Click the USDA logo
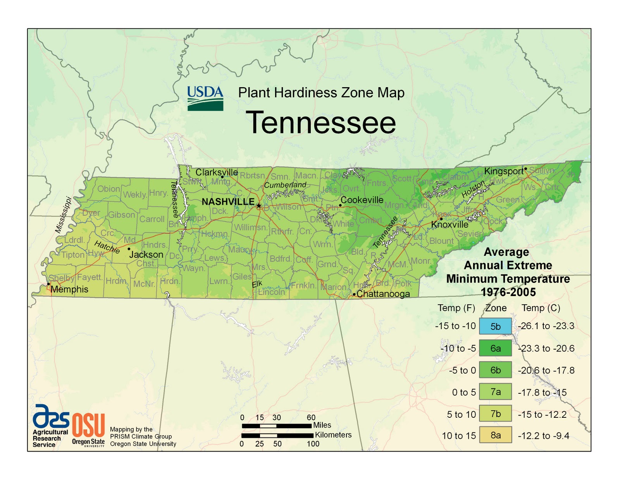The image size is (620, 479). point(205,98)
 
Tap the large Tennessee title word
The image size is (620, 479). point(321,122)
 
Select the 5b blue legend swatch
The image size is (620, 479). point(495,326)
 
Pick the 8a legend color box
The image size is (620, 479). point(495,435)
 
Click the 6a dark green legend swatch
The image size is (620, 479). point(495,348)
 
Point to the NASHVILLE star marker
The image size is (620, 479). point(259,205)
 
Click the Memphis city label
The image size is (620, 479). point(69,289)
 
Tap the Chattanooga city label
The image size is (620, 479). point(383,294)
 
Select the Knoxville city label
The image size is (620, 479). point(449,225)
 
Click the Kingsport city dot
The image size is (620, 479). point(525,169)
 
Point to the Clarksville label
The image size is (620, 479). point(217,172)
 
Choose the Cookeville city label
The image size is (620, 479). point(362,200)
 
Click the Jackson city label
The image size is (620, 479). point(146,255)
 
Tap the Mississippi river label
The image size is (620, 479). point(63,215)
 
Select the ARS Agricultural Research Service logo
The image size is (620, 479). point(50,426)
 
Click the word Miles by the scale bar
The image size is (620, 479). point(322,425)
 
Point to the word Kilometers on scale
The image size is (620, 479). point(333,435)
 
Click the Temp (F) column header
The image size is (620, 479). point(456,308)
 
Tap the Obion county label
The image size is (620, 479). point(108,189)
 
